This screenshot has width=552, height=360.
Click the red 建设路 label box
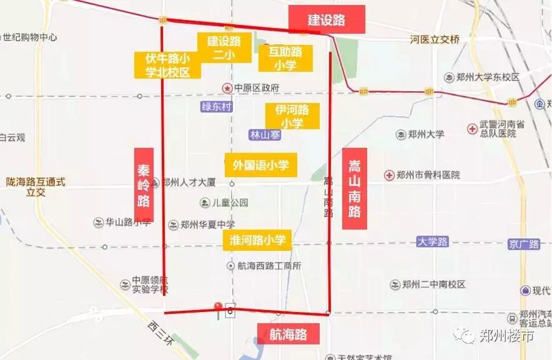click(x=327, y=19)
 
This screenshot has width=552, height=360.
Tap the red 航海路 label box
click(x=288, y=334)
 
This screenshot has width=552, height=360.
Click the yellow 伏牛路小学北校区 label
click(x=168, y=65)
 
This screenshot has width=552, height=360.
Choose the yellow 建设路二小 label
click(x=223, y=47)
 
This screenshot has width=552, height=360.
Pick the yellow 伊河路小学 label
click(x=292, y=116)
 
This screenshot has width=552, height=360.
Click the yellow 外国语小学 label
click(x=260, y=165)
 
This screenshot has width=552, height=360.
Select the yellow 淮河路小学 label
click(x=257, y=240)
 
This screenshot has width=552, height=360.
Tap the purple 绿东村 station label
click(x=217, y=107)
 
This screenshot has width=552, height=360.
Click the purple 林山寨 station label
click(x=265, y=135)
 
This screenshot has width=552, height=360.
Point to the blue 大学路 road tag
click(x=433, y=241)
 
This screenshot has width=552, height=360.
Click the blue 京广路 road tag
click(x=524, y=244)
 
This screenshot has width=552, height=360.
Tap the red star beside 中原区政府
click(x=227, y=88)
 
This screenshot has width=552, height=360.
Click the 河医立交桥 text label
click(x=435, y=40)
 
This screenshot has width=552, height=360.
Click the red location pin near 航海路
click(x=218, y=308)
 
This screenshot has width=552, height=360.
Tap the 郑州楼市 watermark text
click(x=506, y=336)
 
